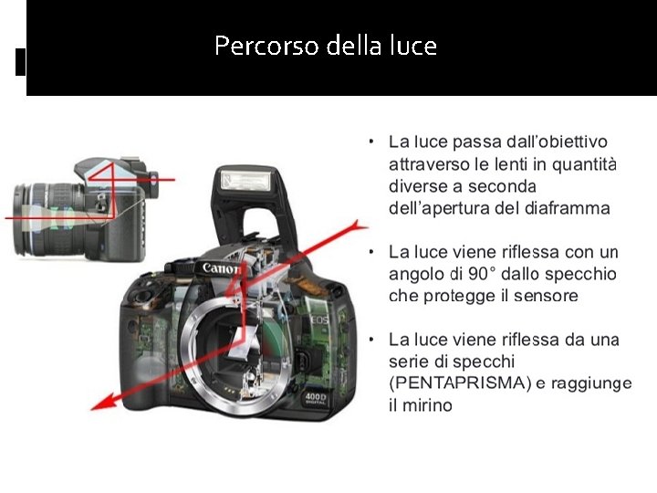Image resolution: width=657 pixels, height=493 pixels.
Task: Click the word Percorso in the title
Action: pos(266,46)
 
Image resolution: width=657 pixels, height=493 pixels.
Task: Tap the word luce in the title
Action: pos(413,46)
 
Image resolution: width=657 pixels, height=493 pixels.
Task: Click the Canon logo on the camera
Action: pos(221,268)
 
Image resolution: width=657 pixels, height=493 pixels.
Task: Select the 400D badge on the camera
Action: pos(315,398)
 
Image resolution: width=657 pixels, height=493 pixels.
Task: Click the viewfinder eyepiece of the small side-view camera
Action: pos(153,184)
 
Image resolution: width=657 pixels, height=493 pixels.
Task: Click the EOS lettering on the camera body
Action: pos(319,320)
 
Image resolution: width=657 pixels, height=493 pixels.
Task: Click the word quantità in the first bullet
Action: pos(584,164)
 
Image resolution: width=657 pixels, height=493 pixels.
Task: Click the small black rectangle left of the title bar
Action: pos(20,62)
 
